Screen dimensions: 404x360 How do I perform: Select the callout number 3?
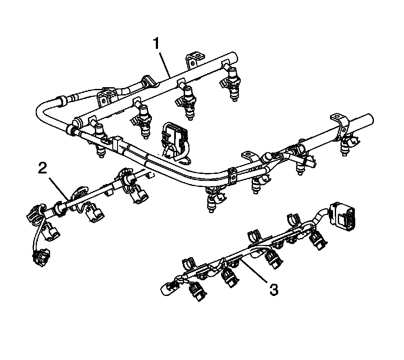pyautogui.click(x=273, y=289)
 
